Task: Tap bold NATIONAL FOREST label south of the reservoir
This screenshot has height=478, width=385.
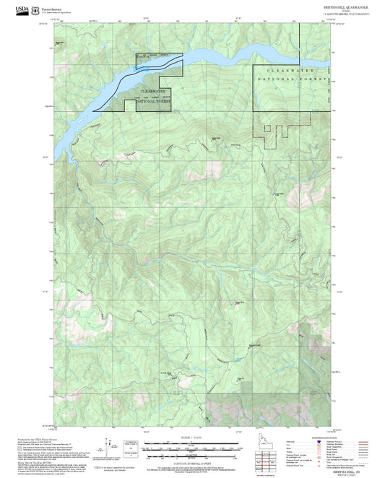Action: click(153, 101)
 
